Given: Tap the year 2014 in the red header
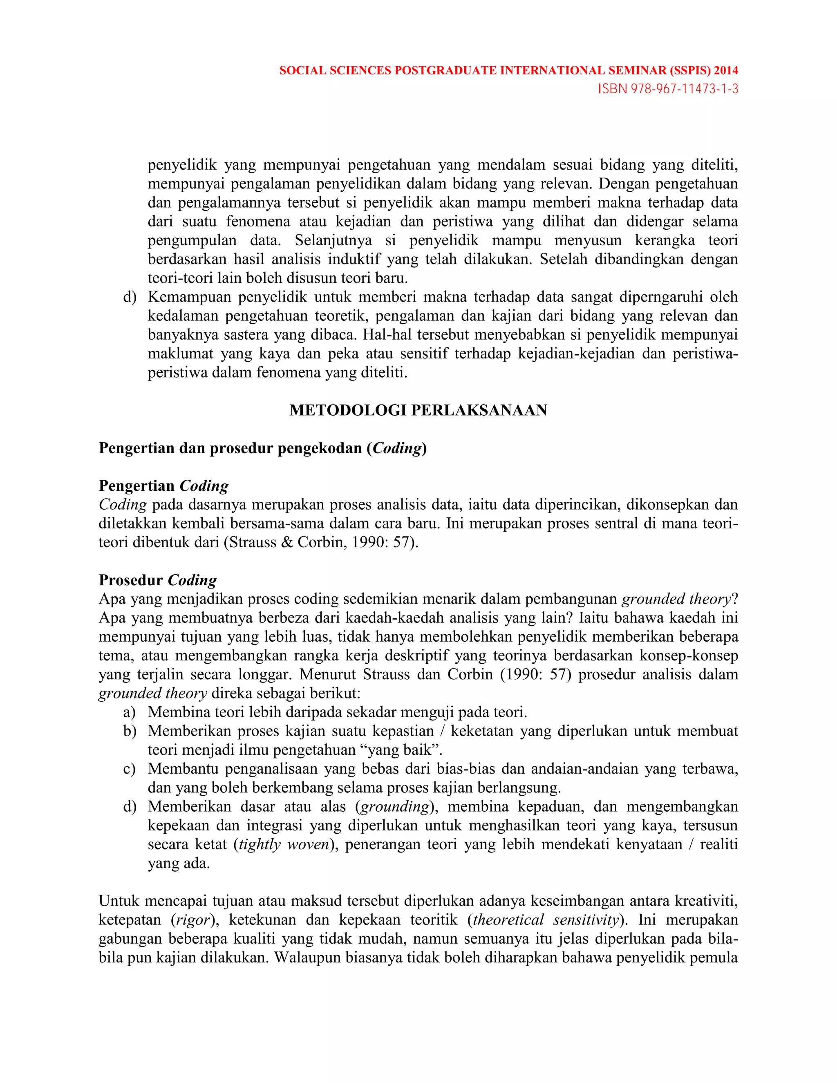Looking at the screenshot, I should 726,70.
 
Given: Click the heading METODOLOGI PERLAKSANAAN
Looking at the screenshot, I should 418,410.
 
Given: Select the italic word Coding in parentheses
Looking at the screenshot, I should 397,448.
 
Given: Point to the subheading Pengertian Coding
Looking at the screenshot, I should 163,486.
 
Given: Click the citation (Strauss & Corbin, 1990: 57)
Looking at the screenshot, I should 321,542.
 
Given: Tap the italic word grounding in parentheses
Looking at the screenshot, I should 395,806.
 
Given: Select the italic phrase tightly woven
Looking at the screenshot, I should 284,844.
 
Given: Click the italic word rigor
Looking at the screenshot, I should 193,920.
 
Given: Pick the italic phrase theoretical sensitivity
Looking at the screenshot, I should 546,920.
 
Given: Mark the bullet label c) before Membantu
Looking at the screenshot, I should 130,769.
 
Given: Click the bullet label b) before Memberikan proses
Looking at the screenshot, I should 130,731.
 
